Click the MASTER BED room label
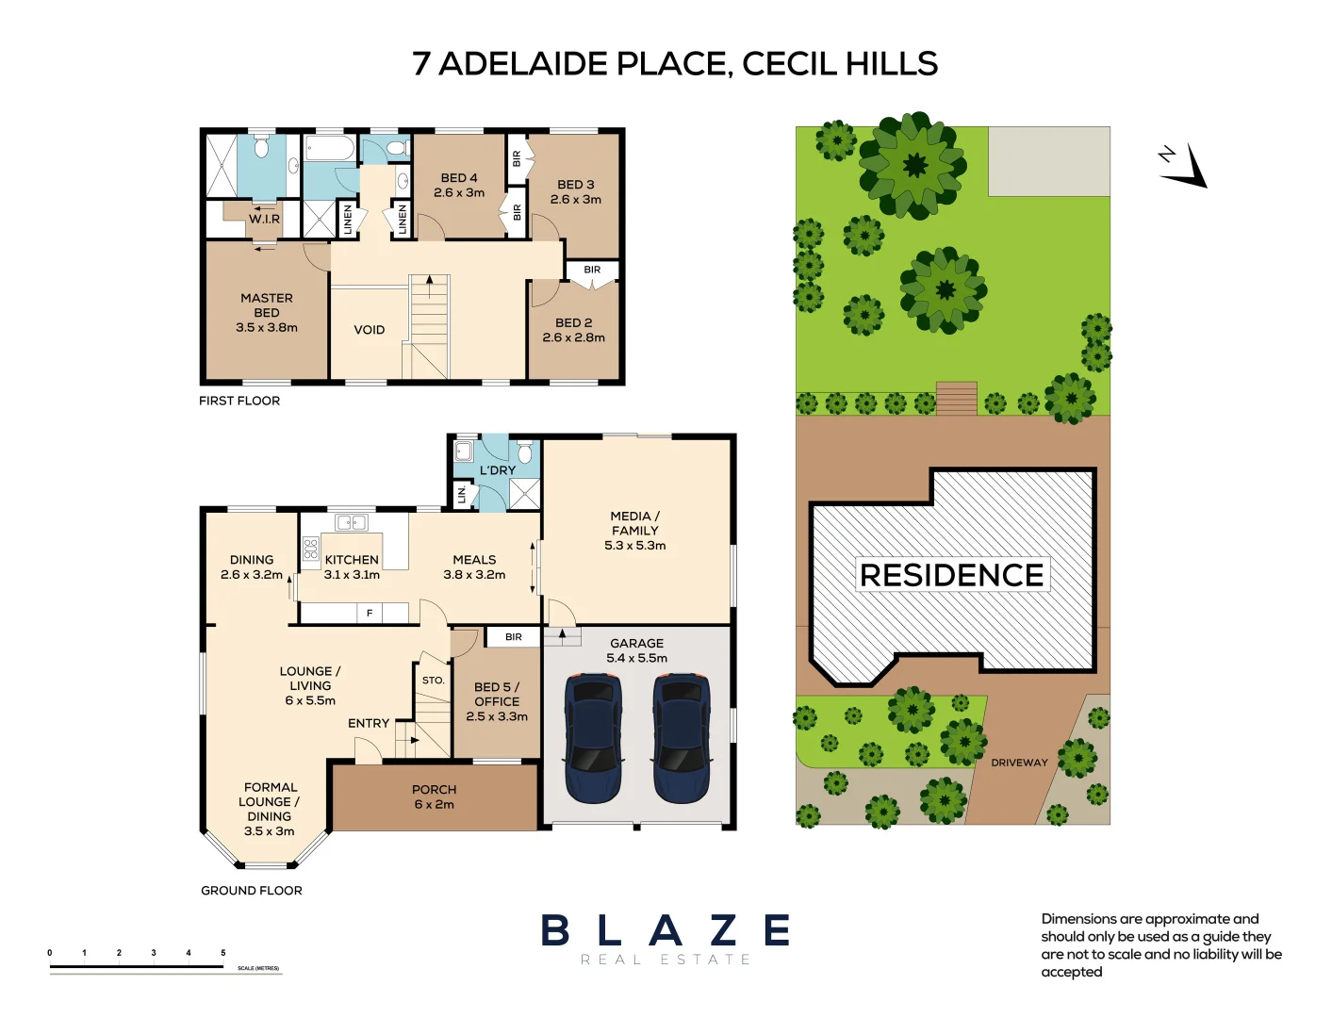tap(267, 313)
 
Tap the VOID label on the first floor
tap(370, 330)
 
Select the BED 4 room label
tap(459, 185)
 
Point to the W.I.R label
tap(265, 219)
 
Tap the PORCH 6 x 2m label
tap(434, 797)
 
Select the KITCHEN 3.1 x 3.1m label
tap(352, 567)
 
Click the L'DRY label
tap(498, 470)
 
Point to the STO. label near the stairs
tap(433, 681)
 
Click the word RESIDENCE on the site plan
tap(952, 575)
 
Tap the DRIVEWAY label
tap(1019, 763)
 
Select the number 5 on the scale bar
tap(223, 953)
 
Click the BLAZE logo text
tap(666, 931)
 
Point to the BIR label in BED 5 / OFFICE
tap(514, 637)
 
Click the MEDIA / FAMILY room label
tap(635, 531)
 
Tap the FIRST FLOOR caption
tap(239, 401)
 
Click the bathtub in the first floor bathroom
tap(330, 149)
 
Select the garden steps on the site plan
tap(956, 398)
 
